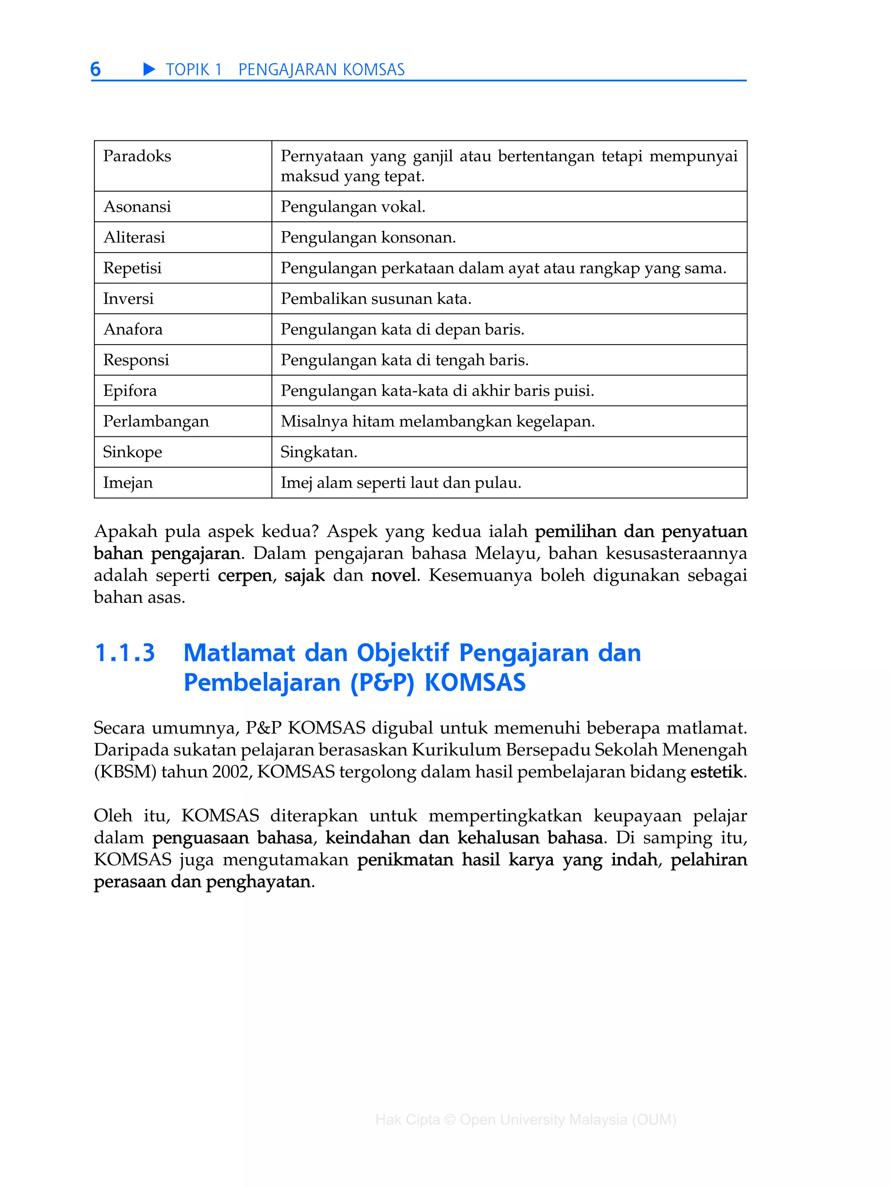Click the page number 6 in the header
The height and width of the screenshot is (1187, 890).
pyautogui.click(x=96, y=69)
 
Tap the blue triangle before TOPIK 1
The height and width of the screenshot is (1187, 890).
pyautogui.click(x=149, y=69)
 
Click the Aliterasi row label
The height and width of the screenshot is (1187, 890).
pyautogui.click(x=134, y=237)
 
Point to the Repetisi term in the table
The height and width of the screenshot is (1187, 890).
pyautogui.click(x=132, y=268)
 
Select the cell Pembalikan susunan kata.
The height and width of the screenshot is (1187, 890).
pyautogui.click(x=375, y=298)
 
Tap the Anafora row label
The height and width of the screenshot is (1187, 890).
pyautogui.click(x=133, y=329)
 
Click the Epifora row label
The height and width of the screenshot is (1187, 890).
pyautogui.click(x=130, y=390)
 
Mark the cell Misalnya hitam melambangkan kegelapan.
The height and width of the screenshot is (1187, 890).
pyautogui.click(x=437, y=421)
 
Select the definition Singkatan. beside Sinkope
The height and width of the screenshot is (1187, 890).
pyautogui.click(x=319, y=452)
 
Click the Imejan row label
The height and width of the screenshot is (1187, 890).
pyautogui.click(x=128, y=482)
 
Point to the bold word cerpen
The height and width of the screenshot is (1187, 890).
pyautogui.click(x=245, y=575)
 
